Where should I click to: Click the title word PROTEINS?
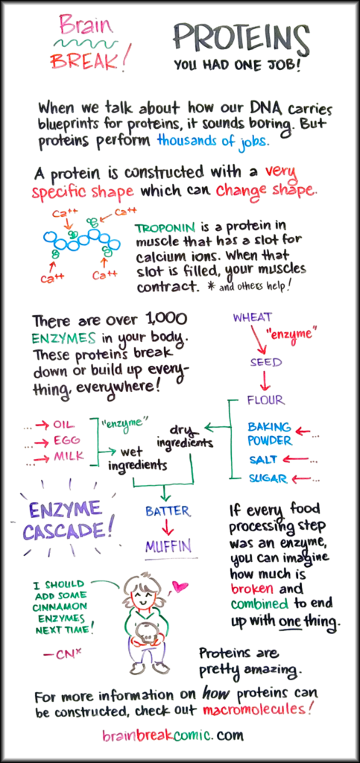point(241,37)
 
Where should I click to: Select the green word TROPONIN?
point(162,228)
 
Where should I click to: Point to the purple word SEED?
point(266,362)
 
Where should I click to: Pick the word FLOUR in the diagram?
point(265,400)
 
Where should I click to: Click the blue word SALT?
point(263,459)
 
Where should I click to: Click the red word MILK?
point(68,457)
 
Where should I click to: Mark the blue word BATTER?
point(168,511)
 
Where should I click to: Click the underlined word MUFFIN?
point(168,546)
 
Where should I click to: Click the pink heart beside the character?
point(180,587)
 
